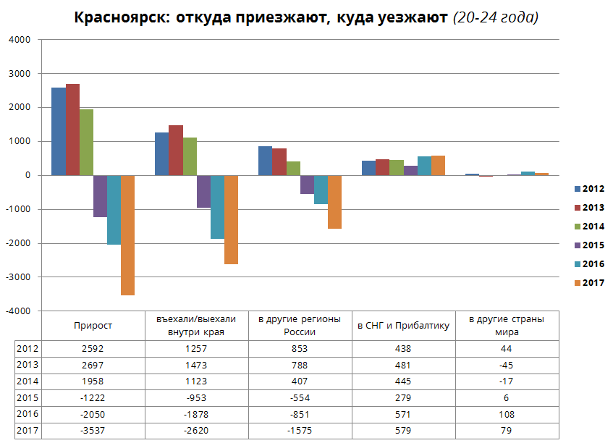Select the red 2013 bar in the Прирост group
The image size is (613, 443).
pyautogui.click(x=72, y=130)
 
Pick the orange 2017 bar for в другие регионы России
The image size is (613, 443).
pyautogui.click(x=334, y=202)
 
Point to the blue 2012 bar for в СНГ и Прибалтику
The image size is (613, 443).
pyautogui.click(x=368, y=168)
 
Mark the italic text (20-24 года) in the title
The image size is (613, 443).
pyautogui.click(x=495, y=17)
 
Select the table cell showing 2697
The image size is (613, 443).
pyautogui.click(x=93, y=365)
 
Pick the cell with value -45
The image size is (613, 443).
pyautogui.click(x=507, y=365)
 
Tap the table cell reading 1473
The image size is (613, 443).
pyautogui.click(x=196, y=365)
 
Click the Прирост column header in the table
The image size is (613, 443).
pyautogui.click(x=93, y=326)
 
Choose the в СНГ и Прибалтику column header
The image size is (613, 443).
pyautogui.click(x=403, y=326)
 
